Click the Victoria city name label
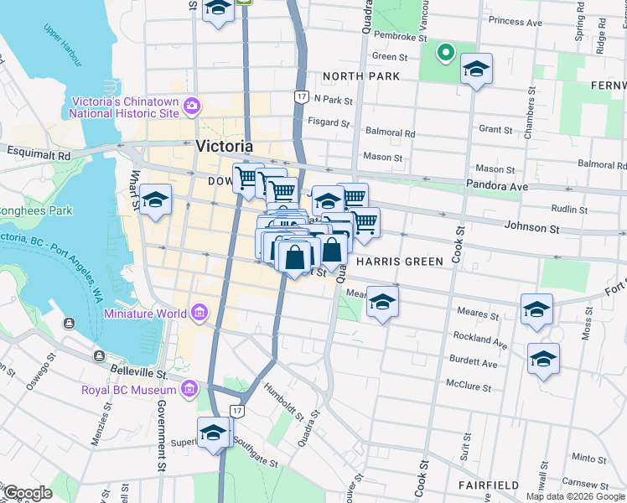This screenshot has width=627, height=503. point(224,146)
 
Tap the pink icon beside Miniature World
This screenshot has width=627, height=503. point(199,314)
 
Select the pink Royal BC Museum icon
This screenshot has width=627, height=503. point(189,390)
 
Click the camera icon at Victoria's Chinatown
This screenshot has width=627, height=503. point(192,106)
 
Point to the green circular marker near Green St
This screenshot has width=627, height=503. point(446,54)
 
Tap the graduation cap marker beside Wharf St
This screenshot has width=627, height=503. point(156,201)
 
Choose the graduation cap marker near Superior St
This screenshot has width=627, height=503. point(214,433)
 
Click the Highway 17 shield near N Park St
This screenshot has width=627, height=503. point(299,97)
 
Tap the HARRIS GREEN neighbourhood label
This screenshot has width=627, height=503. point(399,262)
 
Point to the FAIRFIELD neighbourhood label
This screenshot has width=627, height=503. point(489,485)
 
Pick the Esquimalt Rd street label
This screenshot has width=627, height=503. point(39,153)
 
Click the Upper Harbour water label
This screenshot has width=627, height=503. point(65,35)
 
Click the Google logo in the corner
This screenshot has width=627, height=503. point(28,493)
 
